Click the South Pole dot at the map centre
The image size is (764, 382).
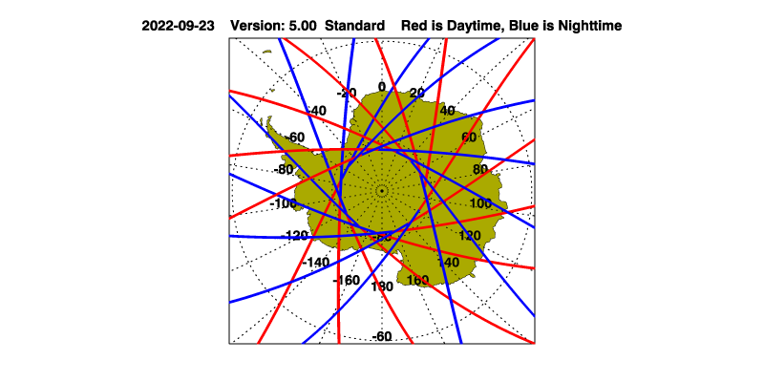(x=382, y=191)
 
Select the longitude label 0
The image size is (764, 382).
(x=382, y=87)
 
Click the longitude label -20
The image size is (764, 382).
(x=347, y=93)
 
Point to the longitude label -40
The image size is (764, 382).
(x=315, y=111)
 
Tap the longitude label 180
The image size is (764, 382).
(x=382, y=286)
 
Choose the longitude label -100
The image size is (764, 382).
(x=285, y=203)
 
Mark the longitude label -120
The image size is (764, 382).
(x=296, y=235)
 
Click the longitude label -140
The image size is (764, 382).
(x=316, y=262)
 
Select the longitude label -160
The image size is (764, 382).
(x=346, y=280)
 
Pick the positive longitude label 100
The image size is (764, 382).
(x=480, y=203)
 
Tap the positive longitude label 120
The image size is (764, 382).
(x=470, y=235)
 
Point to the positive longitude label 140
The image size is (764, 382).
(x=448, y=262)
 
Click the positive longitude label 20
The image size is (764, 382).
(x=416, y=93)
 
